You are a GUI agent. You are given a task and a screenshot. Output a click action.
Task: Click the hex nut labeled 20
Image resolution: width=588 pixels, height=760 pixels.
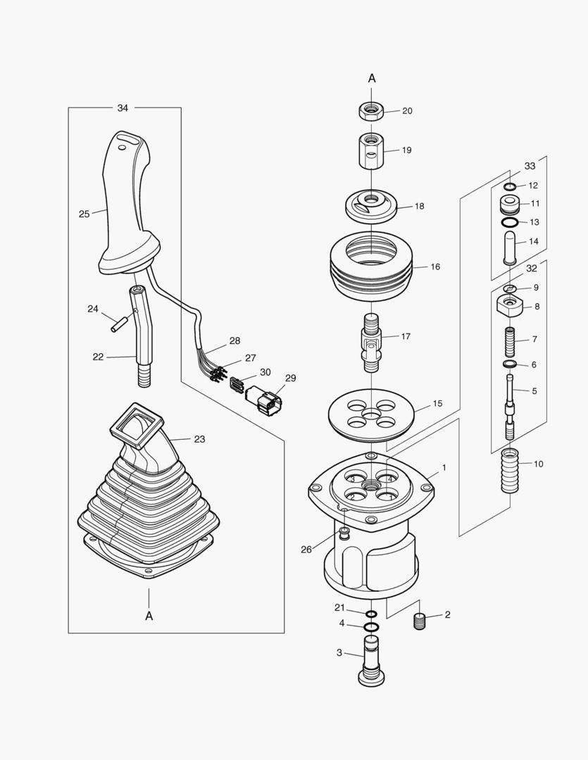[371, 111]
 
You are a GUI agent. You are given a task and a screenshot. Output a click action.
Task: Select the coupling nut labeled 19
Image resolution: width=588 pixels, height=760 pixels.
[371, 151]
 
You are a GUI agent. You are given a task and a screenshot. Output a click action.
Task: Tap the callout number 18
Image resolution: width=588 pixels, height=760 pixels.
[420, 207]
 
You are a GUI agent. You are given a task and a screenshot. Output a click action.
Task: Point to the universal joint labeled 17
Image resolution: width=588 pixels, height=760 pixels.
[371, 342]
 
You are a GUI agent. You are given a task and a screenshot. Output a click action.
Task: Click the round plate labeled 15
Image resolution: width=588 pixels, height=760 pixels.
[371, 415]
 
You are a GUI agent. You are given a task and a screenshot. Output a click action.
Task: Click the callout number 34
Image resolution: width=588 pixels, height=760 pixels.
[123, 108]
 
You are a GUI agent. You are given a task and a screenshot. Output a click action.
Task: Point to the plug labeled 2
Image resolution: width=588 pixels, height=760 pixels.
[420, 621]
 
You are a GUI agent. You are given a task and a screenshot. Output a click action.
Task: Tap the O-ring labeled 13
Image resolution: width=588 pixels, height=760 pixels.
[509, 222]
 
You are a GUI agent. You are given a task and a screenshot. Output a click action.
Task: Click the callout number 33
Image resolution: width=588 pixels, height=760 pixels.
[530, 167]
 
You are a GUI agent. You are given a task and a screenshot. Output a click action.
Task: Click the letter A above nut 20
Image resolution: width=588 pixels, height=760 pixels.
[372, 78]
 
